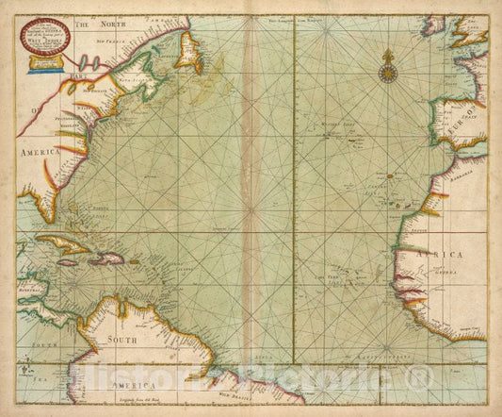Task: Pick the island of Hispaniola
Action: pos(107,258)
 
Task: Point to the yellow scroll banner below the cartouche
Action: pos(43,64)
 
